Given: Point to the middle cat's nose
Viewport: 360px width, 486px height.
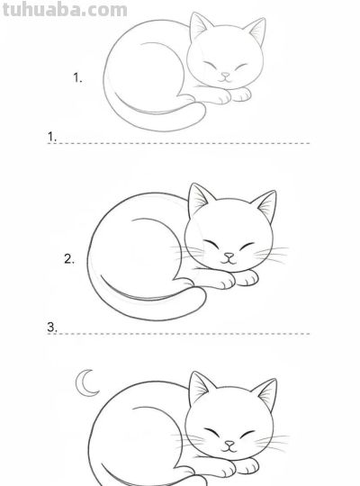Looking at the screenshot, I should coord(229,256).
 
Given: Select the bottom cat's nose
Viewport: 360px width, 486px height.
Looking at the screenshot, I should coord(230,444).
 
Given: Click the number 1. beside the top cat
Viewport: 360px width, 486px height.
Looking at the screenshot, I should coord(77,77).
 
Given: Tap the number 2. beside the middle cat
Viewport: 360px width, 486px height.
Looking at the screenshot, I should coord(69,259).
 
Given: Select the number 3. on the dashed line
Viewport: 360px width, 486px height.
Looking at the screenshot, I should coord(52,328).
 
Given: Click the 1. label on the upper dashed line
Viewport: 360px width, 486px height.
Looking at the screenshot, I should coord(52,137).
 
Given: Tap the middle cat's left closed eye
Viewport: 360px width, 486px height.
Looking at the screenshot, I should coord(211,244).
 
